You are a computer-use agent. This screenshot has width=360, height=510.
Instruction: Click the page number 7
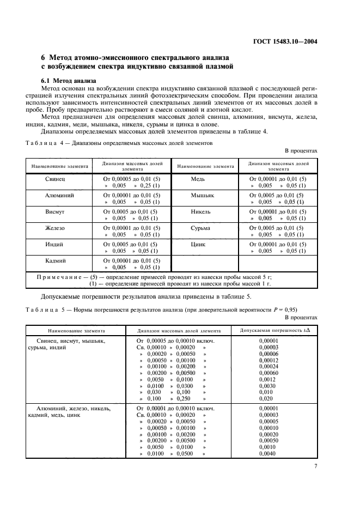click(x=315, y=466)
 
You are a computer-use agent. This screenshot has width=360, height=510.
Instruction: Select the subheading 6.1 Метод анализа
click(x=65, y=81)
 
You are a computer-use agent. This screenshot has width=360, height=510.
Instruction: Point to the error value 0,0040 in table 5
click(x=267, y=453)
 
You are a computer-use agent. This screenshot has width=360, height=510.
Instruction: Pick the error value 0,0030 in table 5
click(x=267, y=385)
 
